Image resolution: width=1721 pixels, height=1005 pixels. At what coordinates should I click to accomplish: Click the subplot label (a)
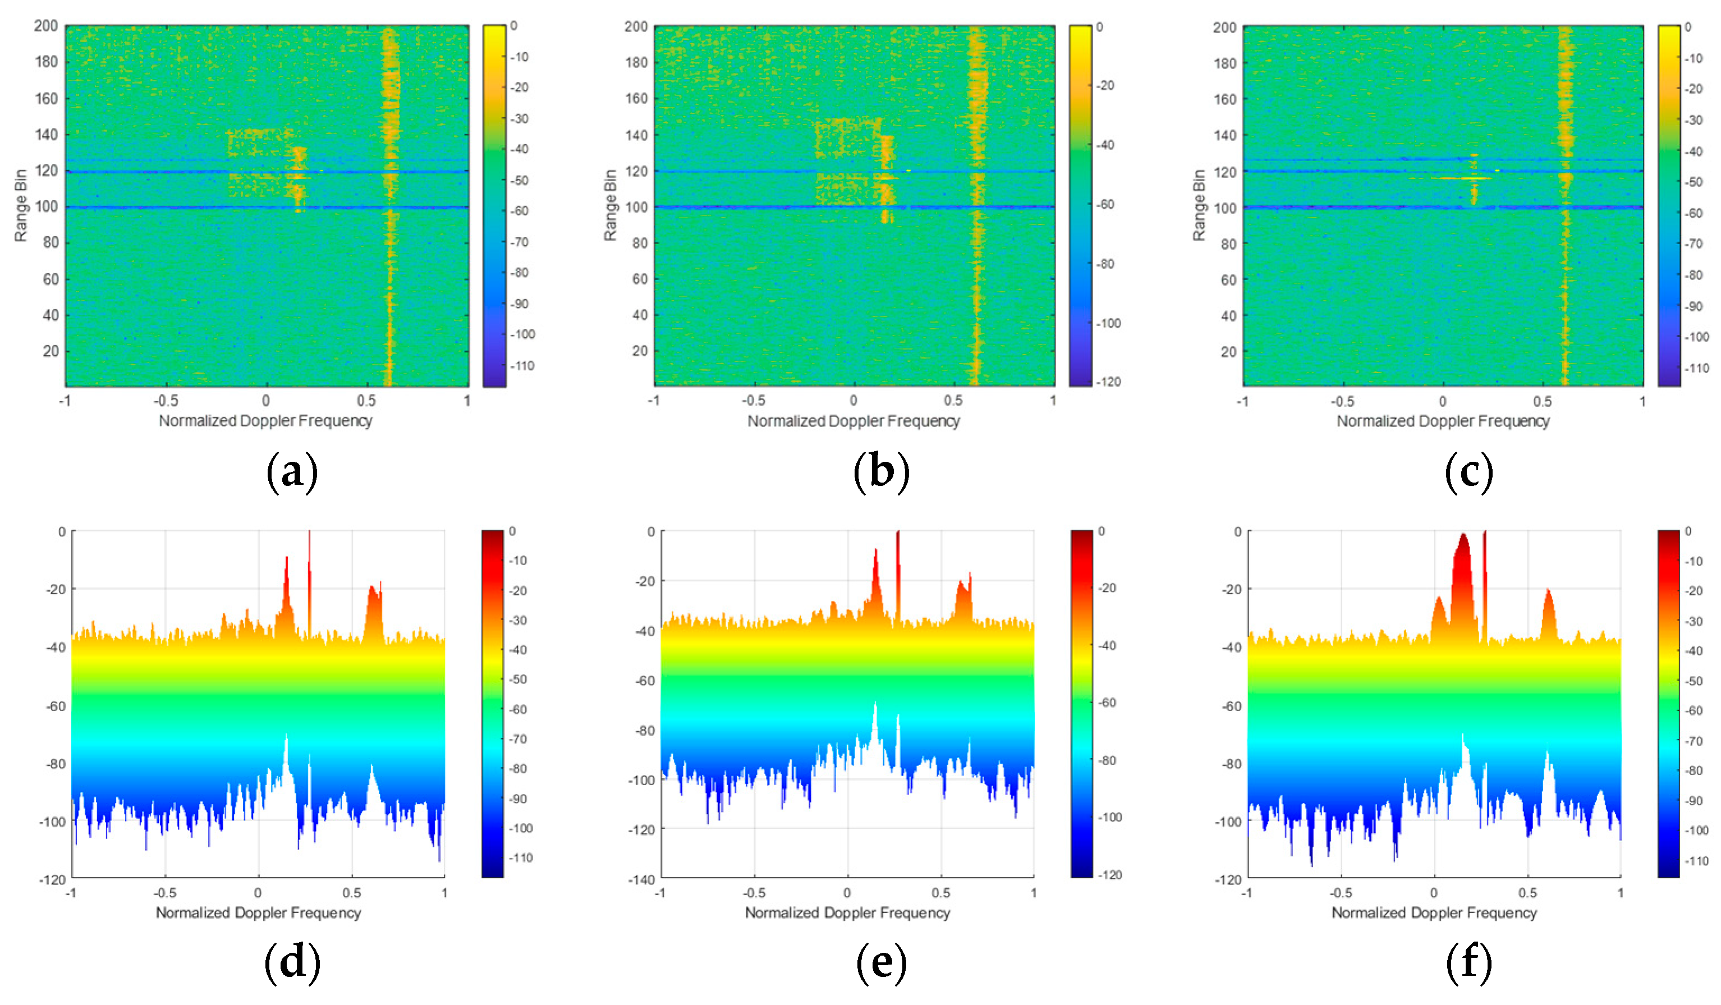coord(292,472)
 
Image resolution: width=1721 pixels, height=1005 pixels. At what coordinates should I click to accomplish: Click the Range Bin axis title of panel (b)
coord(610,205)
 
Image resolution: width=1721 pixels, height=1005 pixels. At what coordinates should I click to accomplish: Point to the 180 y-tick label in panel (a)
coord(46,62)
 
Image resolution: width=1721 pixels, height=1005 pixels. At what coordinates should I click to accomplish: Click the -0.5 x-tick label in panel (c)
coord(1342,401)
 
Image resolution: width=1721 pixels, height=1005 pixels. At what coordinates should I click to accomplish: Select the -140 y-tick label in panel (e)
coord(641,879)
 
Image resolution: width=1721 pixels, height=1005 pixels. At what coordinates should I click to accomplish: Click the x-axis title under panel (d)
coord(258,913)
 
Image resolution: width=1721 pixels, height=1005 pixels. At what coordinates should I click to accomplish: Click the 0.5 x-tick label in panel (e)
coord(940,893)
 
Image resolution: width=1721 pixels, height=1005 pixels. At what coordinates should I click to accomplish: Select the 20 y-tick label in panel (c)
coord(1227,352)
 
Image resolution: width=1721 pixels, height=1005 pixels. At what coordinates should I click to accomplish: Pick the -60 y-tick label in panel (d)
coord(56,706)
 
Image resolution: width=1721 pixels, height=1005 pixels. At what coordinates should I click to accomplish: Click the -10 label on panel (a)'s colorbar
coord(519,57)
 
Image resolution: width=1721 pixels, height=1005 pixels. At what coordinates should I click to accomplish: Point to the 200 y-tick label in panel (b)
coord(635,26)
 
